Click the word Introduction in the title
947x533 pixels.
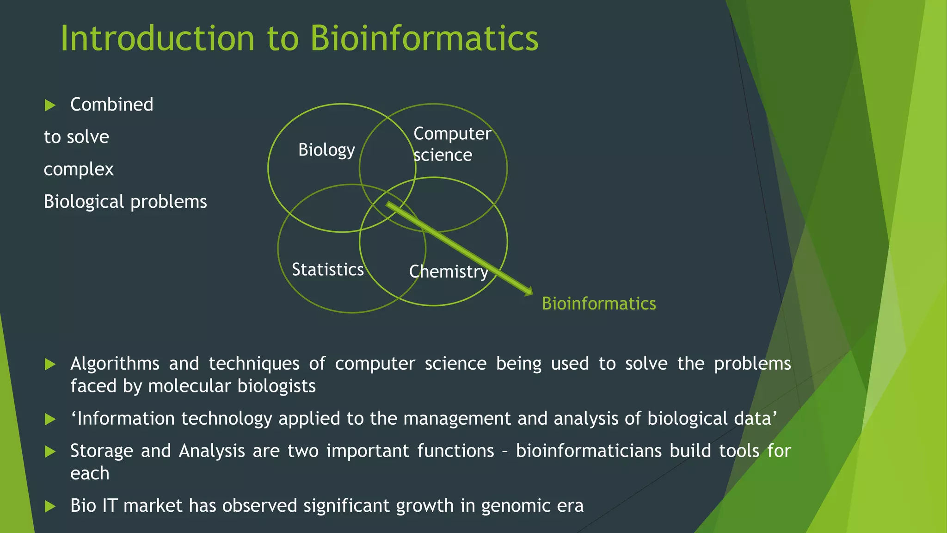157,38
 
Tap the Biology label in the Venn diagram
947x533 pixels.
326,150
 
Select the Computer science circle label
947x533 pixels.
451,144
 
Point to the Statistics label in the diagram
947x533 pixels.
327,269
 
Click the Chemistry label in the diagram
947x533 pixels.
449,272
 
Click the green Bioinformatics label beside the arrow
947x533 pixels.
598,304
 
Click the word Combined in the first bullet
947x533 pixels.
111,105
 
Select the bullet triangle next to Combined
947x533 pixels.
50,105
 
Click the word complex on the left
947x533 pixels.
79,169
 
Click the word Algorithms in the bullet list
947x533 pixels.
115,364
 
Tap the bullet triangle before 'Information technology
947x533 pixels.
50,420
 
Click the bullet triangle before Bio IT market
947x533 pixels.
50,507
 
